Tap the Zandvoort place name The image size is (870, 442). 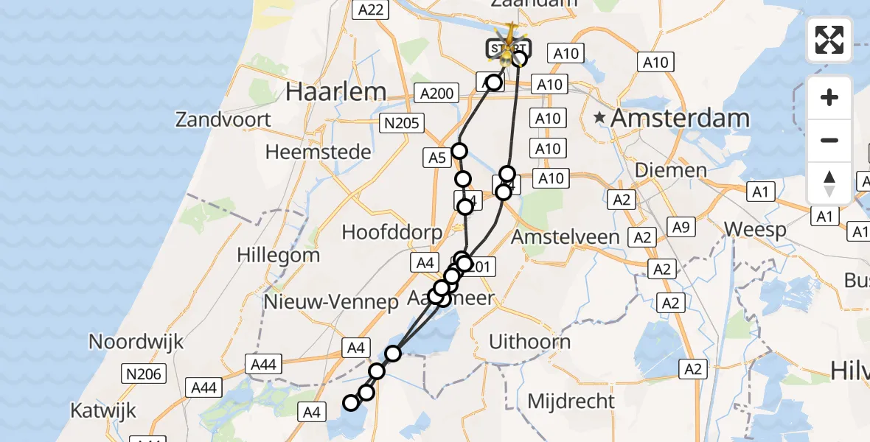[223, 119]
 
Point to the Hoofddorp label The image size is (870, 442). [391, 232]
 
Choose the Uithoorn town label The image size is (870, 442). [530, 342]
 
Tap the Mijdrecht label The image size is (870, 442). [571, 401]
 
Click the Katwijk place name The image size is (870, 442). [103, 410]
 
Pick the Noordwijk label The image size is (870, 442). [136, 342]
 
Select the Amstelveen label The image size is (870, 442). [565, 237]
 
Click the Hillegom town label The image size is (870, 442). [278, 256]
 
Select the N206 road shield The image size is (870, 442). [142, 374]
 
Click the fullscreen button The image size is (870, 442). [829, 40]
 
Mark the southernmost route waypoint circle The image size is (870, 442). [351, 402]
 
